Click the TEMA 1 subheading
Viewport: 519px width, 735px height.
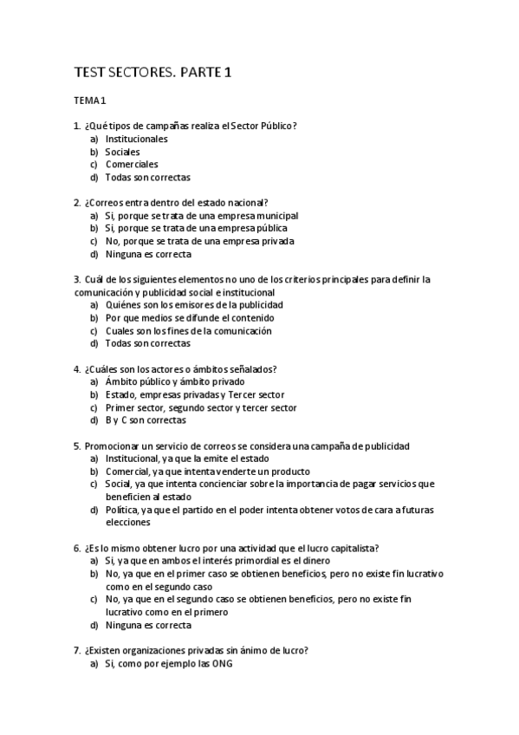(89, 101)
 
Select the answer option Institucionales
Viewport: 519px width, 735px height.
(136, 139)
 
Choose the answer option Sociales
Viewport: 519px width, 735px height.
(122, 152)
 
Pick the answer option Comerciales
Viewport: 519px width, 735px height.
(132, 164)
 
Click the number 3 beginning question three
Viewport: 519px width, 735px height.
(77, 279)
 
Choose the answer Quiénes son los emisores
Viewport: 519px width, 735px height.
(193, 304)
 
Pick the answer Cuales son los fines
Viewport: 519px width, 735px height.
(188, 330)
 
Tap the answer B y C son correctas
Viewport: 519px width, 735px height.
(145, 420)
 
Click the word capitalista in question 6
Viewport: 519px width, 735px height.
(352, 548)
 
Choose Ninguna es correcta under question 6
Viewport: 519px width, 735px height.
(148, 625)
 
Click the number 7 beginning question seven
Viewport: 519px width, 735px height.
(77, 650)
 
